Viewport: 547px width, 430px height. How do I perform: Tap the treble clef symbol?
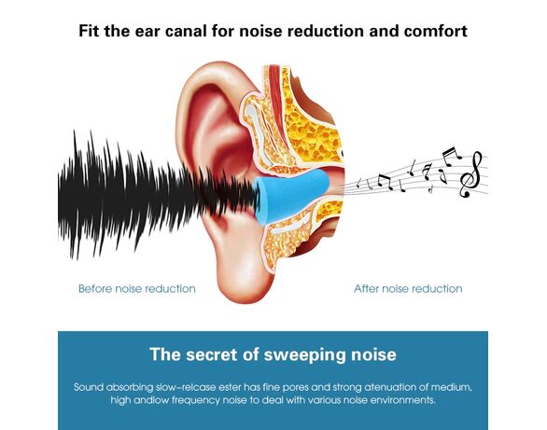(x=471, y=175)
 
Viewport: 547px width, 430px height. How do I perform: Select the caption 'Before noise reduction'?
(x=136, y=289)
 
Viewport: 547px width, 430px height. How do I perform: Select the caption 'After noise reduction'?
(x=408, y=289)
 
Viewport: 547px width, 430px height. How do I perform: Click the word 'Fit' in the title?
(x=89, y=31)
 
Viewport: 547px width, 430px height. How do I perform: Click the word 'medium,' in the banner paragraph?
(x=452, y=387)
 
